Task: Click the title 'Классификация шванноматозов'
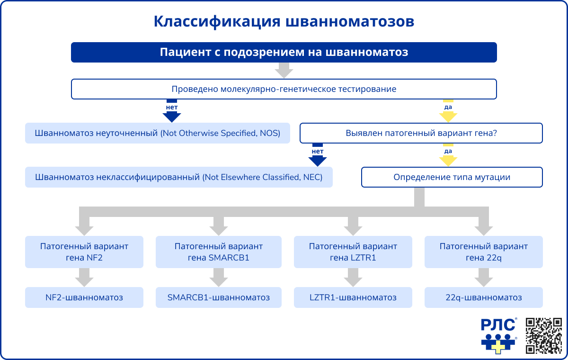tap(284, 22)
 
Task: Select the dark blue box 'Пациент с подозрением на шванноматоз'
tap(284, 52)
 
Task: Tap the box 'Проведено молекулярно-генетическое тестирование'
tap(284, 89)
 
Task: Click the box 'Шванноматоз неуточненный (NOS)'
tap(157, 133)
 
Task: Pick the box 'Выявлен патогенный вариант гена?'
tap(421, 133)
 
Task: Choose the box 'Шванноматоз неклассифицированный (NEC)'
tap(178, 178)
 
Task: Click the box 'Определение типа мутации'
tap(452, 178)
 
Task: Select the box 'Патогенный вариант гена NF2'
tap(84, 252)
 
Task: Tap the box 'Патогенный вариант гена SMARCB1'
tap(218, 252)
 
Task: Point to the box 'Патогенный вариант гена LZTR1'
tap(353, 252)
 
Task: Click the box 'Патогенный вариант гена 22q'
tap(483, 252)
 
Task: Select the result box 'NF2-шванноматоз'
tap(84, 297)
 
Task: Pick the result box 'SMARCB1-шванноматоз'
tap(218, 297)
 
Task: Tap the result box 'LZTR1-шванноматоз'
tap(353, 297)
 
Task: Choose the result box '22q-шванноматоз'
tap(483, 297)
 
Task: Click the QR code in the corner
tap(543, 335)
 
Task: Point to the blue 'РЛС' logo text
tap(498, 325)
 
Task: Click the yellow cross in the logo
tap(497, 347)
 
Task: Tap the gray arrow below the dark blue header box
tap(284, 71)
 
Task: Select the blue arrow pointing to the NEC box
tap(318, 159)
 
